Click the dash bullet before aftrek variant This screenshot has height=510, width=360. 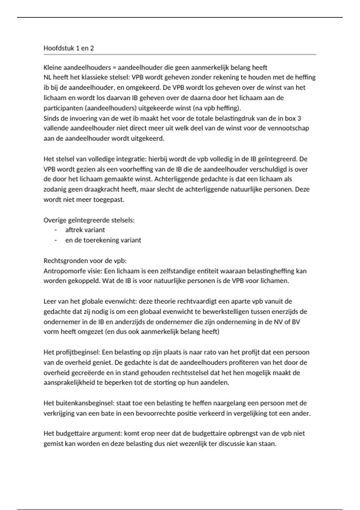[x=55, y=230]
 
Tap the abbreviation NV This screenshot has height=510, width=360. [x=277, y=322]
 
